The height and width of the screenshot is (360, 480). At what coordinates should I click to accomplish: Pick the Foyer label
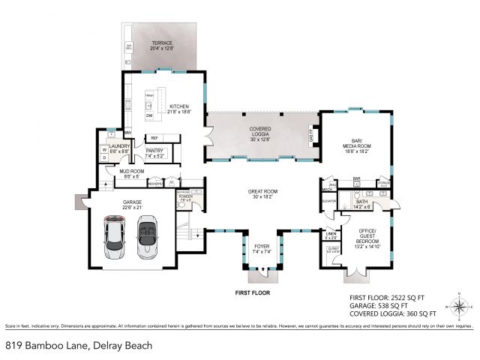tap(260, 249)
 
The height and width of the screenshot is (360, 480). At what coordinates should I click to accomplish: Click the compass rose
tap(459, 307)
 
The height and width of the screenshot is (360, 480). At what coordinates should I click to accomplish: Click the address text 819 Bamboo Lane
tap(79, 345)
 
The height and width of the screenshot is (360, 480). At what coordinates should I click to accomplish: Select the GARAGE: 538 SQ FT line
tap(378, 305)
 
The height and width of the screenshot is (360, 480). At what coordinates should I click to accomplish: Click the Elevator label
tap(328, 201)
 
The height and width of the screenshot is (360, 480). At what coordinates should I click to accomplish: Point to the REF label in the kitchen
tap(154, 138)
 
